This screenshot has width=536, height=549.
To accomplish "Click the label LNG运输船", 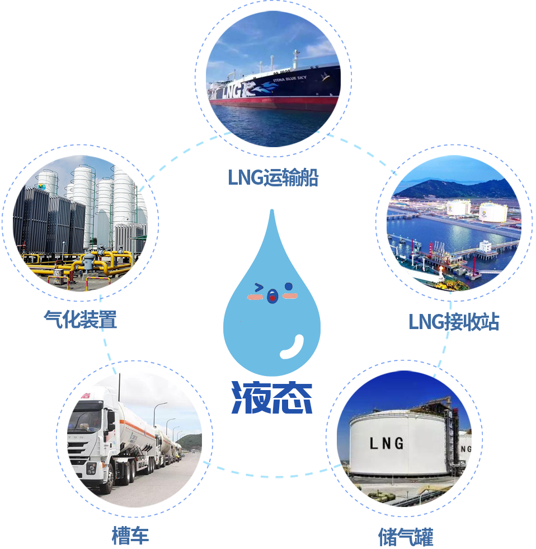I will (x=273, y=178).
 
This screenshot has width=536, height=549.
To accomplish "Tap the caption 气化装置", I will (x=81, y=320).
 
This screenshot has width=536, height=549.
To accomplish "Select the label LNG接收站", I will (x=454, y=322).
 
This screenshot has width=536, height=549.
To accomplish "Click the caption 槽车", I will (x=130, y=535).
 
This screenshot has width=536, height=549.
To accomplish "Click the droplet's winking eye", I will (x=258, y=288).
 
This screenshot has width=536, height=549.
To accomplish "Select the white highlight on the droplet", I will (x=293, y=347).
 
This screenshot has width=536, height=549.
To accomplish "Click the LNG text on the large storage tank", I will (x=386, y=443).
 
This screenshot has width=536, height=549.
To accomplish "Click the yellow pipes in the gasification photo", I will (x=101, y=263).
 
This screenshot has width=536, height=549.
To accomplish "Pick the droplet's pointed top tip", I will (x=272, y=212).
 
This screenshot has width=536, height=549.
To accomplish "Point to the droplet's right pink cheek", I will (x=289, y=295).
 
